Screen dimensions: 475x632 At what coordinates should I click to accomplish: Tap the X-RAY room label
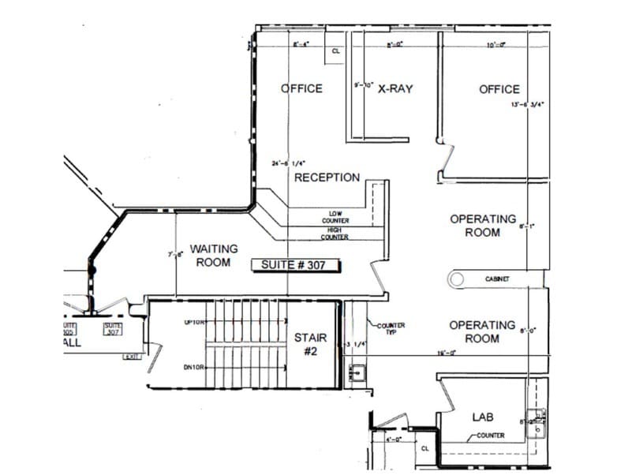pyautogui.click(x=395, y=89)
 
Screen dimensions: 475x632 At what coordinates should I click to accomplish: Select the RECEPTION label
pyautogui.click(x=327, y=178)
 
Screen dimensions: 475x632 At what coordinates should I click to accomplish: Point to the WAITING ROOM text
pyautogui.click(x=213, y=256)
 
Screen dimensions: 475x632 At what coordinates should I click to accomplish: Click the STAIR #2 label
pyautogui.click(x=310, y=344)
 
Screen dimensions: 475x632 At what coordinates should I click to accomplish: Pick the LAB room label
pyautogui.click(x=482, y=416)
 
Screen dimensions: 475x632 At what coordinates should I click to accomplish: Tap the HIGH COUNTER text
pyautogui.click(x=335, y=233)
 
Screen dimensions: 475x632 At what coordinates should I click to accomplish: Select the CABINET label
pyautogui.click(x=497, y=279)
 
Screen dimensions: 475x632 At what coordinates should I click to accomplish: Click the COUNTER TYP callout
pyautogui.click(x=390, y=328)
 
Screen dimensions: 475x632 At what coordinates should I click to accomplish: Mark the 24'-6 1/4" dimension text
pyautogui.click(x=288, y=164)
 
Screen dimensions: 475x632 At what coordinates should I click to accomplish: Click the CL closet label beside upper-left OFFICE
pyautogui.click(x=335, y=50)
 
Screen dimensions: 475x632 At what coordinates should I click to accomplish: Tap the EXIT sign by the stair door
pyautogui.click(x=130, y=357)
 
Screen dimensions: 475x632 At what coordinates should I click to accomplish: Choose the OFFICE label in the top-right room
pyautogui.click(x=499, y=89)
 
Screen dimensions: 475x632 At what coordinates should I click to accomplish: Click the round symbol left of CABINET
pyautogui.click(x=456, y=278)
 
